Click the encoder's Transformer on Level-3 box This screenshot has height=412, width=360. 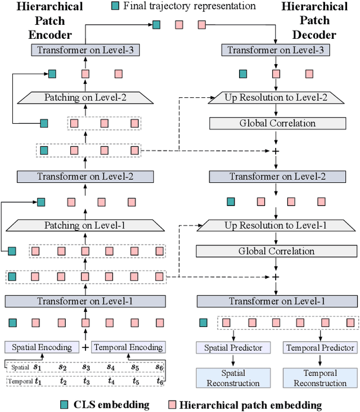[x=85, y=50]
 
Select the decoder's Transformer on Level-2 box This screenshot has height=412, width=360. [x=275, y=177]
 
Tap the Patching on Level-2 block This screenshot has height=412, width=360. [x=85, y=97]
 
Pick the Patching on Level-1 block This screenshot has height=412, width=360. [x=85, y=225]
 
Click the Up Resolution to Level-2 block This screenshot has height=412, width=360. [x=275, y=97]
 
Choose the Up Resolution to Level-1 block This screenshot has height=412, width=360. [x=275, y=225]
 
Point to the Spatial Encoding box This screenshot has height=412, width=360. [x=42, y=347]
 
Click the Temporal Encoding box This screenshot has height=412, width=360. [x=128, y=347]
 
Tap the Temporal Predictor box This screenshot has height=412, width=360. [x=321, y=347]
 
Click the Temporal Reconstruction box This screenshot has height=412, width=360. [x=321, y=378]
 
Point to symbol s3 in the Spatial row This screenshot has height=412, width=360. [x=85, y=367]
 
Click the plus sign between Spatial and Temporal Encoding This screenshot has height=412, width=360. [x=85, y=347]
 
